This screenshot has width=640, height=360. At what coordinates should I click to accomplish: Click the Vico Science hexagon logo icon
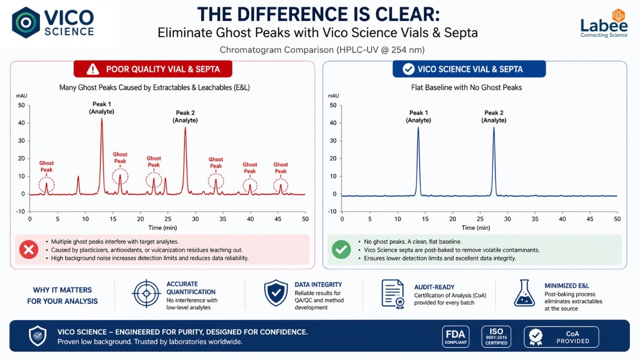pos(26,22)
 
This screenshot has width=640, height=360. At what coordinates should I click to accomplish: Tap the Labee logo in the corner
pos(604,23)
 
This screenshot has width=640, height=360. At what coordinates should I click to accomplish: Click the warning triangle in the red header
pos(93,69)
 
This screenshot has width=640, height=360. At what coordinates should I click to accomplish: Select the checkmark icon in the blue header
pos(409,69)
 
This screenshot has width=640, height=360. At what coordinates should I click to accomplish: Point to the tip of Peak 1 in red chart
pos(102,118)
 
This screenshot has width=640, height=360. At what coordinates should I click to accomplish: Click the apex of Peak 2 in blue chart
pos(494,127)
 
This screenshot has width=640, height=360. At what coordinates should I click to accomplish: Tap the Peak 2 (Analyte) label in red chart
pos(185,117)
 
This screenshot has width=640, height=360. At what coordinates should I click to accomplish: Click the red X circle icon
pos(28,250)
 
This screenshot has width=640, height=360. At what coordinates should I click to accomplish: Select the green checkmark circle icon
pos(341,250)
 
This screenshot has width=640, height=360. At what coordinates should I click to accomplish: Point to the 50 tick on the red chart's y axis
pos(21,105)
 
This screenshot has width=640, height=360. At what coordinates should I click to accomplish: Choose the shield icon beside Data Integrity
pos(276,293)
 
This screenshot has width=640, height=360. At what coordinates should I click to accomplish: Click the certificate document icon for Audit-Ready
pos(393,293)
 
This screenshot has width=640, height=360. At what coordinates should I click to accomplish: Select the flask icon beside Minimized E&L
pos(524,293)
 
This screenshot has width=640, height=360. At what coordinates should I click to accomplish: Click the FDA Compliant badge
pos(456,337)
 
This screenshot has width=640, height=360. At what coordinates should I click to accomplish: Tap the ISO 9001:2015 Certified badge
pos(496,337)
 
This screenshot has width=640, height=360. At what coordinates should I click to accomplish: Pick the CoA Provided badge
pos(561,337)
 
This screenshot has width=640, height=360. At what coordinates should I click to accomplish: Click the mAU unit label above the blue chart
pos(333,95)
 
